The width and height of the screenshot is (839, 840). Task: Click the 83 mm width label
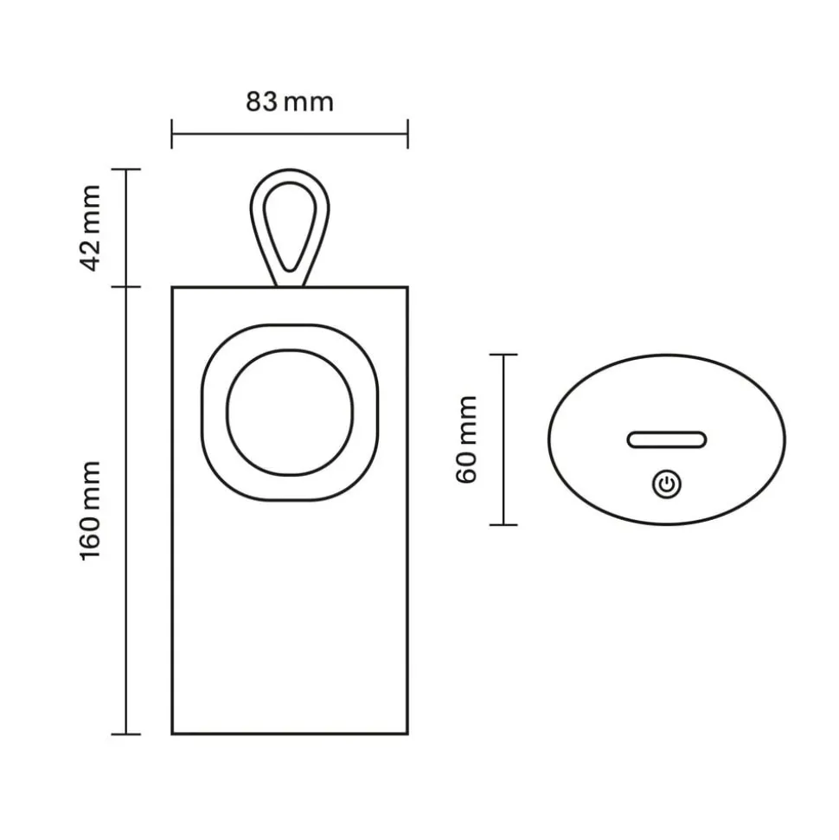[289, 102]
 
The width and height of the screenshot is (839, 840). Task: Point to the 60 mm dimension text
[466, 439]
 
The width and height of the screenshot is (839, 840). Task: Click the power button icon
[666, 484]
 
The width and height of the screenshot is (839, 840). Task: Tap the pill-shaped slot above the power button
[667, 439]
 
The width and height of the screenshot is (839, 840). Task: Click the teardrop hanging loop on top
[290, 227]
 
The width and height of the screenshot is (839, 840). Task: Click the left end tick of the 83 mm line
[172, 134]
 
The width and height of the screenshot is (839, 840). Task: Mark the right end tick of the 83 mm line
[407, 134]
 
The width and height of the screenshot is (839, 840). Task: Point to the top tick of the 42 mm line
[127, 170]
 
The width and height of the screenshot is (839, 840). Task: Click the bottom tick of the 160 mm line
[127, 734]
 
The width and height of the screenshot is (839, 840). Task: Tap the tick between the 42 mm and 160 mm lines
[127, 286]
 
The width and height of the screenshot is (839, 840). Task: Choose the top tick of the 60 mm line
[503, 355]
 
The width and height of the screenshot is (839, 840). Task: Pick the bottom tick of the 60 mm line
[503, 524]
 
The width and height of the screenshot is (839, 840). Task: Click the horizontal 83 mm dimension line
[290, 134]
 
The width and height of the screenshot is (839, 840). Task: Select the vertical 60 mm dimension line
[503, 439]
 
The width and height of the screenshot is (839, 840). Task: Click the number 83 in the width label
[262, 102]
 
